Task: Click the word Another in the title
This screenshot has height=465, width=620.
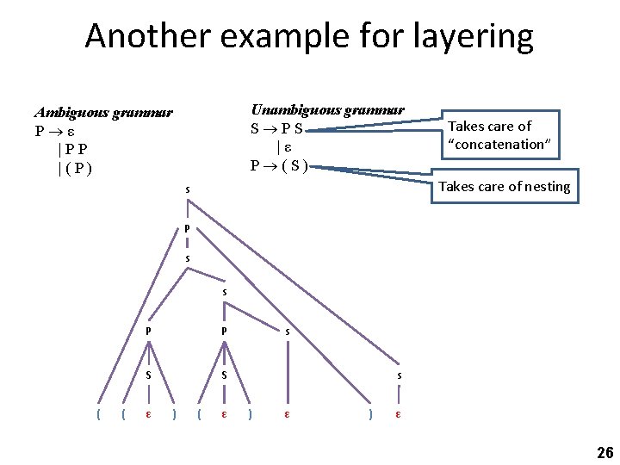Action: (146, 36)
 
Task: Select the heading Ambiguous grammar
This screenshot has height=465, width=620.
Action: (103, 113)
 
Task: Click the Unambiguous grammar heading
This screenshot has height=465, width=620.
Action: (327, 110)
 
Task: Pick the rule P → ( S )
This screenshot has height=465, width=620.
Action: (278, 164)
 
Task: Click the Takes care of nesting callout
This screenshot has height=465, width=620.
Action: (505, 187)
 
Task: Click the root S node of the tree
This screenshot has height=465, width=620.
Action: (188, 189)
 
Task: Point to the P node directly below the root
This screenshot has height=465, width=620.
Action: (187, 228)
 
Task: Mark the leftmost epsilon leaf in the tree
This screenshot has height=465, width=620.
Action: (149, 415)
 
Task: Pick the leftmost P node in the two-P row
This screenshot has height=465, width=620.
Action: (149, 331)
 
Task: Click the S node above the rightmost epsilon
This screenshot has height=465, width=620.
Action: (398, 375)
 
